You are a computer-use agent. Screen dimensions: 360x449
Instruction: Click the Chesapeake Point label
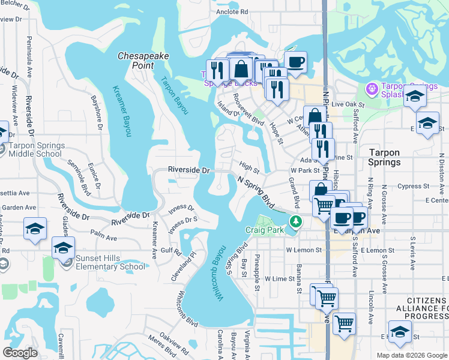143,60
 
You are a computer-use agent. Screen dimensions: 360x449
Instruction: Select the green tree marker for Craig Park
295,222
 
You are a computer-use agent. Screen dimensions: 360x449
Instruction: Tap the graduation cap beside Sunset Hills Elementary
63,247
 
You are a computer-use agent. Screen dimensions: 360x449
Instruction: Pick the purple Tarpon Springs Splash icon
373,89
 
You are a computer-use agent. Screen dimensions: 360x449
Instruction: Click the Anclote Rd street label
232,11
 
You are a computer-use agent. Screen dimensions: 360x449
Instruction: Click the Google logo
20,353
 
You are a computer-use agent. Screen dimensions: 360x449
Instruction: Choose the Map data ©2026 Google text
412,355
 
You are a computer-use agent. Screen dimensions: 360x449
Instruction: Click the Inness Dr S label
182,226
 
